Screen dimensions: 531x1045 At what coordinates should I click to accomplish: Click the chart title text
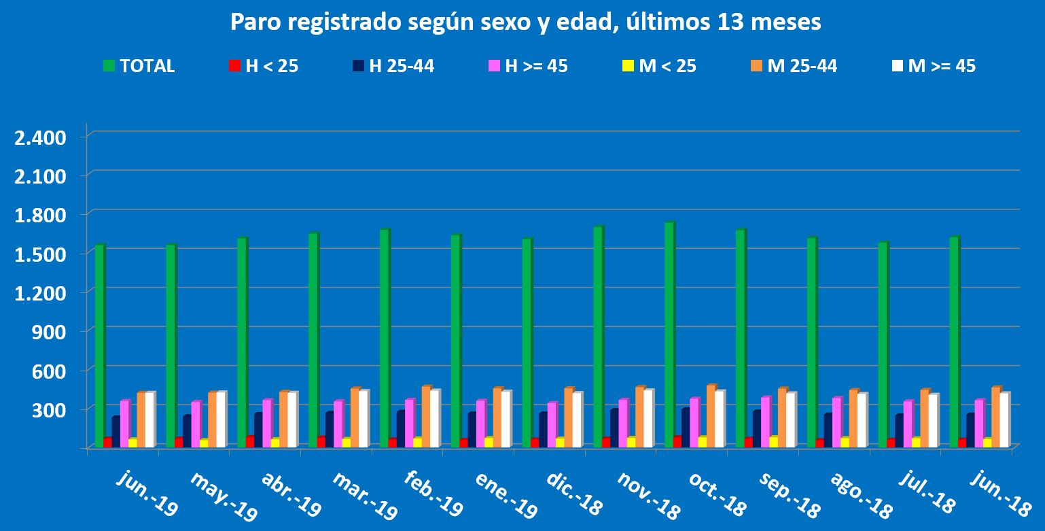pyautogui.click(x=525, y=22)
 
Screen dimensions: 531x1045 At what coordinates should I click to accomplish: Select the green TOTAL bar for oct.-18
pyautogui.click(x=669, y=333)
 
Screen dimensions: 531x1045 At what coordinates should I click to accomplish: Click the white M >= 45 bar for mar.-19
pyautogui.click(x=364, y=418)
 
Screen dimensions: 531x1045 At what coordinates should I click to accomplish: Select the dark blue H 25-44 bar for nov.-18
pyautogui.click(x=614, y=428)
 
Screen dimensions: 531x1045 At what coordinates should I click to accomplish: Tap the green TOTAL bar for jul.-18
pyautogui.click(x=883, y=343)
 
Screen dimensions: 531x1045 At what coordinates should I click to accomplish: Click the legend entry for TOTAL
pyautogui.click(x=139, y=66)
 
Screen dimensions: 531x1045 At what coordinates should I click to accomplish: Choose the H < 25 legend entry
pyautogui.click(x=264, y=66)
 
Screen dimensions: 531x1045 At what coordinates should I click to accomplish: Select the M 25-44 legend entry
pyautogui.click(x=794, y=66)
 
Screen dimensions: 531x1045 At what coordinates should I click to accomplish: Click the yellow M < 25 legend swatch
pyautogui.click(x=628, y=66)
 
